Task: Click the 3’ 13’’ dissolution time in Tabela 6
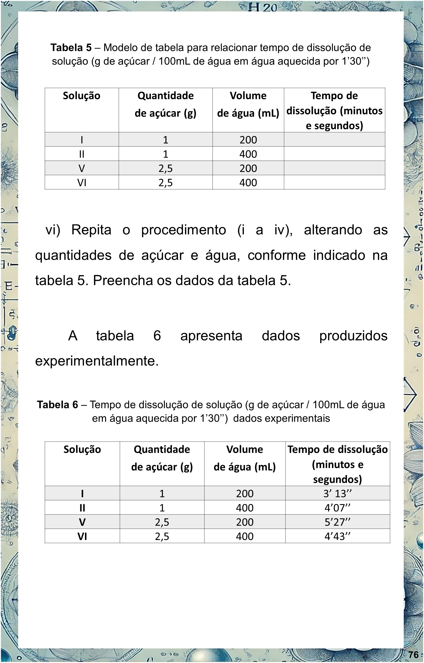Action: (337, 493)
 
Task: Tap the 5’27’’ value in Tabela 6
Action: (337, 522)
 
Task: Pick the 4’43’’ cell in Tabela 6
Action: (337, 536)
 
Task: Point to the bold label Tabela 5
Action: (71, 48)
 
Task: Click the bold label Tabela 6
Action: (58, 405)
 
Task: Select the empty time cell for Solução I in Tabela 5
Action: (334, 139)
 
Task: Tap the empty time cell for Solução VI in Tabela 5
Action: (334, 182)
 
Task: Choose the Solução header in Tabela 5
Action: (82, 96)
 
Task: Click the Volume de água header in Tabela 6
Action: (245, 458)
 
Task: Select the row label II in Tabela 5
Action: (82, 154)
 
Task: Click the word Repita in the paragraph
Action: (91, 230)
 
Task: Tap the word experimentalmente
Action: (97, 361)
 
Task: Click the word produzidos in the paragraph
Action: (353, 335)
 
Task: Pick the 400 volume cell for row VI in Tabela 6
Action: (245, 536)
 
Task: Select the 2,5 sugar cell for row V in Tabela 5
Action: (165, 168)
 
